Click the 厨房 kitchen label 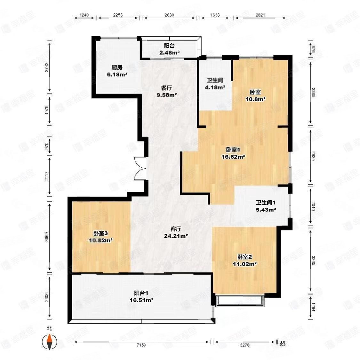click(x=117, y=68)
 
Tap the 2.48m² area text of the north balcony click(x=169, y=52)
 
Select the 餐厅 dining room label click(x=167, y=88)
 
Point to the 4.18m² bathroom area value click(x=215, y=87)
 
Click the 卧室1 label click(x=233, y=150)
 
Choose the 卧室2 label click(x=245, y=257)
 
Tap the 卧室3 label click(x=100, y=234)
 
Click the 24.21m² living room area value click(x=176, y=236)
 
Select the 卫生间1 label click(x=266, y=203)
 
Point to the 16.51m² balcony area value click(x=141, y=300)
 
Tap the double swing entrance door click(x=140, y=168)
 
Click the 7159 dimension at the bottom click(x=141, y=345)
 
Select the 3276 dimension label click(x=244, y=345)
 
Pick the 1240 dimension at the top click(x=84, y=15)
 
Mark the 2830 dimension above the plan click(x=169, y=15)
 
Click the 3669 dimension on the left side click(x=47, y=237)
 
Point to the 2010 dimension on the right click(x=313, y=206)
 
